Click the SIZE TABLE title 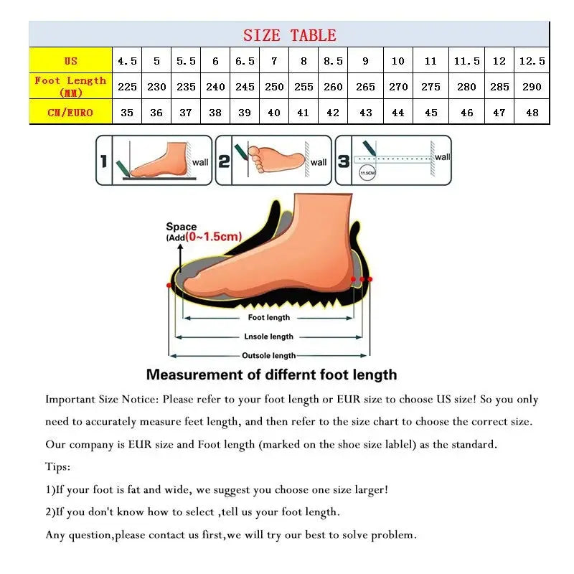click(289, 35)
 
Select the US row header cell click(70, 61)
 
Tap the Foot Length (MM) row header click(70, 86)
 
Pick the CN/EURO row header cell click(70, 113)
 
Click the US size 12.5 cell click(532, 61)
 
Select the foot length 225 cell click(127, 87)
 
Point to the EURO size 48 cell click(532, 113)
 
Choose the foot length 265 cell click(365, 87)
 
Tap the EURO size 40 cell click(274, 113)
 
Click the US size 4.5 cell click(127, 61)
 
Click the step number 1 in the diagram click(103, 161)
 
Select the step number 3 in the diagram click(344, 161)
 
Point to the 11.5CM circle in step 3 click(367, 173)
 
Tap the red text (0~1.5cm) click(213, 237)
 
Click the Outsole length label click(268, 355)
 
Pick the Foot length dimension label click(269, 317)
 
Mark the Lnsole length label click(269, 337)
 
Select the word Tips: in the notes click(58, 467)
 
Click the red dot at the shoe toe click(169, 286)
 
